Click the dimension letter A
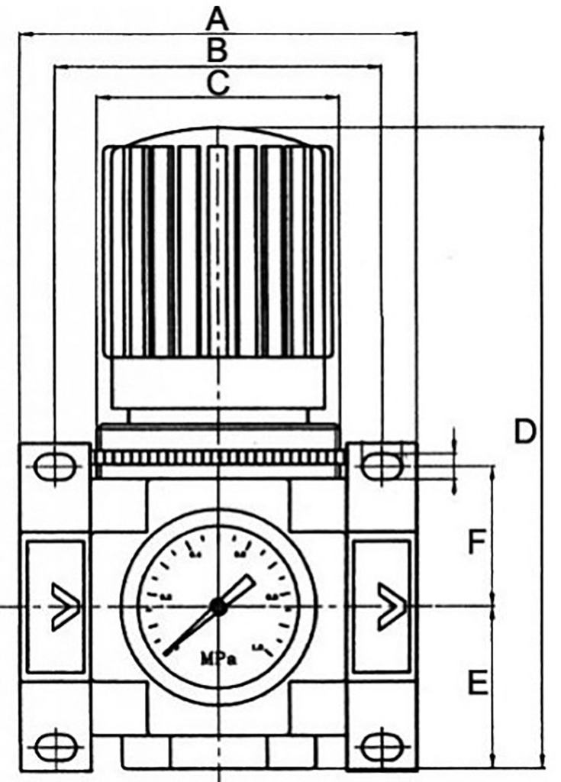point(218,18)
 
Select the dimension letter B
point(218,51)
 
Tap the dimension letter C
point(218,83)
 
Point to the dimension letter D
point(524,432)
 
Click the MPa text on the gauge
point(218,658)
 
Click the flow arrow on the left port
point(64,607)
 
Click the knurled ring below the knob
point(218,457)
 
